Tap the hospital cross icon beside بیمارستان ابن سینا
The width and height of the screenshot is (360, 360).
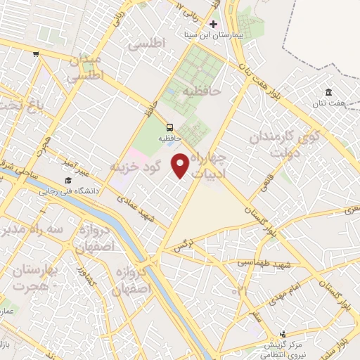coord(213,24)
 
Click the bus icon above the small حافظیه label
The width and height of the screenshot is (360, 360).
coord(169,127)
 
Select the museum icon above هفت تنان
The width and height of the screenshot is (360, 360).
coord(328,92)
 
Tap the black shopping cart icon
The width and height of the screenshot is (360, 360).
coord(36,53)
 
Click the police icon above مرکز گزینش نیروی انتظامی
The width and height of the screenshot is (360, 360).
coord(283,334)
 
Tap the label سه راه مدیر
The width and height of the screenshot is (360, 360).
coord(32,230)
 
